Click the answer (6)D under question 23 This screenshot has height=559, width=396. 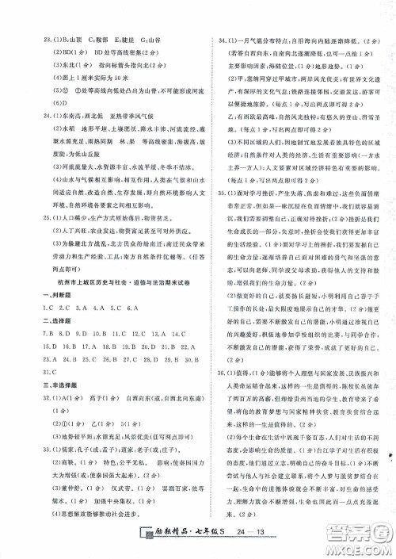34,103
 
